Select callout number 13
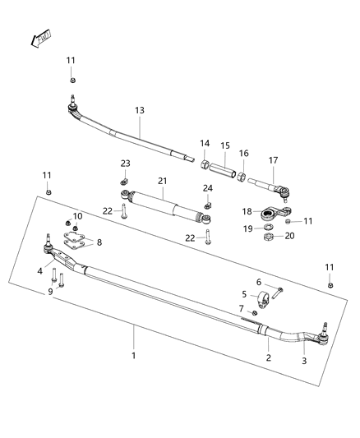tap(139, 110)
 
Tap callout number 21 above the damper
tap(163, 180)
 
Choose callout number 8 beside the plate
tap(99, 242)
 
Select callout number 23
tap(125, 164)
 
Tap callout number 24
tap(207, 188)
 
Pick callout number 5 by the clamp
tap(243, 293)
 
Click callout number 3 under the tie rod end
tap(303, 361)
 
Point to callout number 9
tap(49, 290)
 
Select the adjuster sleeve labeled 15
tap(223, 169)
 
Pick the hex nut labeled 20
tap(269, 237)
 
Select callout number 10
tap(78, 216)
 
